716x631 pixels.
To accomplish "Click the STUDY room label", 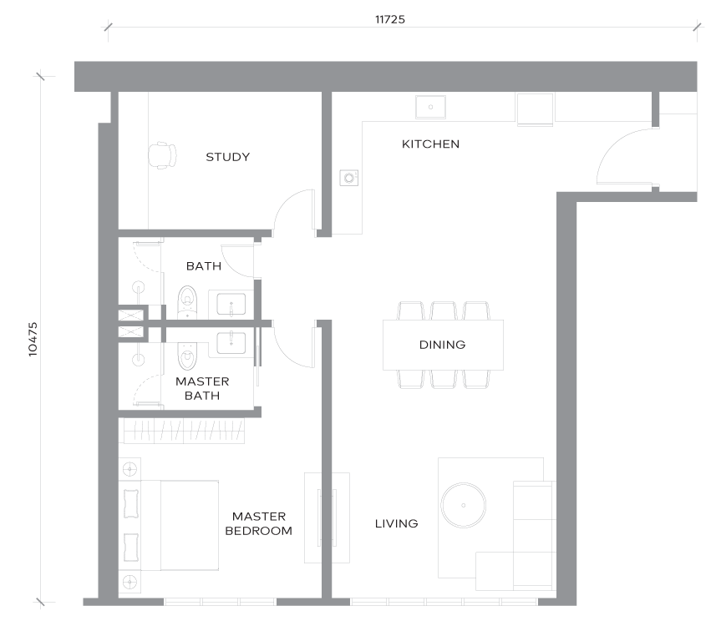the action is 228,157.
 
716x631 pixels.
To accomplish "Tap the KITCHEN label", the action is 430,144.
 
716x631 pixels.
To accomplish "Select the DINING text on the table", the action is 443,345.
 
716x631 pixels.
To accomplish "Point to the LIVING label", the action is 396,523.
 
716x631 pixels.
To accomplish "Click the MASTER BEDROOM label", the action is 259,523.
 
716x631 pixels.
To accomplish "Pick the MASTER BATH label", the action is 202,388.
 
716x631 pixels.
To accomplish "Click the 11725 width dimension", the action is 390,19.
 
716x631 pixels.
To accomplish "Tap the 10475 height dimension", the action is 33,339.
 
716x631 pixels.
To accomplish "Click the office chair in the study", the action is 162,155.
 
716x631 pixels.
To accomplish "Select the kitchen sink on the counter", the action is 430,107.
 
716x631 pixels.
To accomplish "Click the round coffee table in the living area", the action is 464,505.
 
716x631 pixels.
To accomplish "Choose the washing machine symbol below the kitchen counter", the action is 349,178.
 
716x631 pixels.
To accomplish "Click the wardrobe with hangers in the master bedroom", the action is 184,431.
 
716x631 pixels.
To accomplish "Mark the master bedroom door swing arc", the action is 287,351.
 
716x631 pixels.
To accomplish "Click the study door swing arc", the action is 287,203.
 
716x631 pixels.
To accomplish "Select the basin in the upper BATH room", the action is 231,304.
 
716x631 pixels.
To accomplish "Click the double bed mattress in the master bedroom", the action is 189,525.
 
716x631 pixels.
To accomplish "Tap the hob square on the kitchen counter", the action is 535,109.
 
